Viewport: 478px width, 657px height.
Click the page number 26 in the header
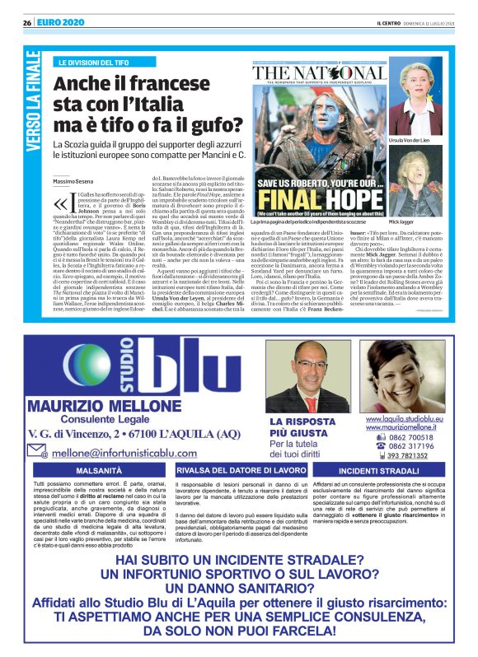pos(27,21)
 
